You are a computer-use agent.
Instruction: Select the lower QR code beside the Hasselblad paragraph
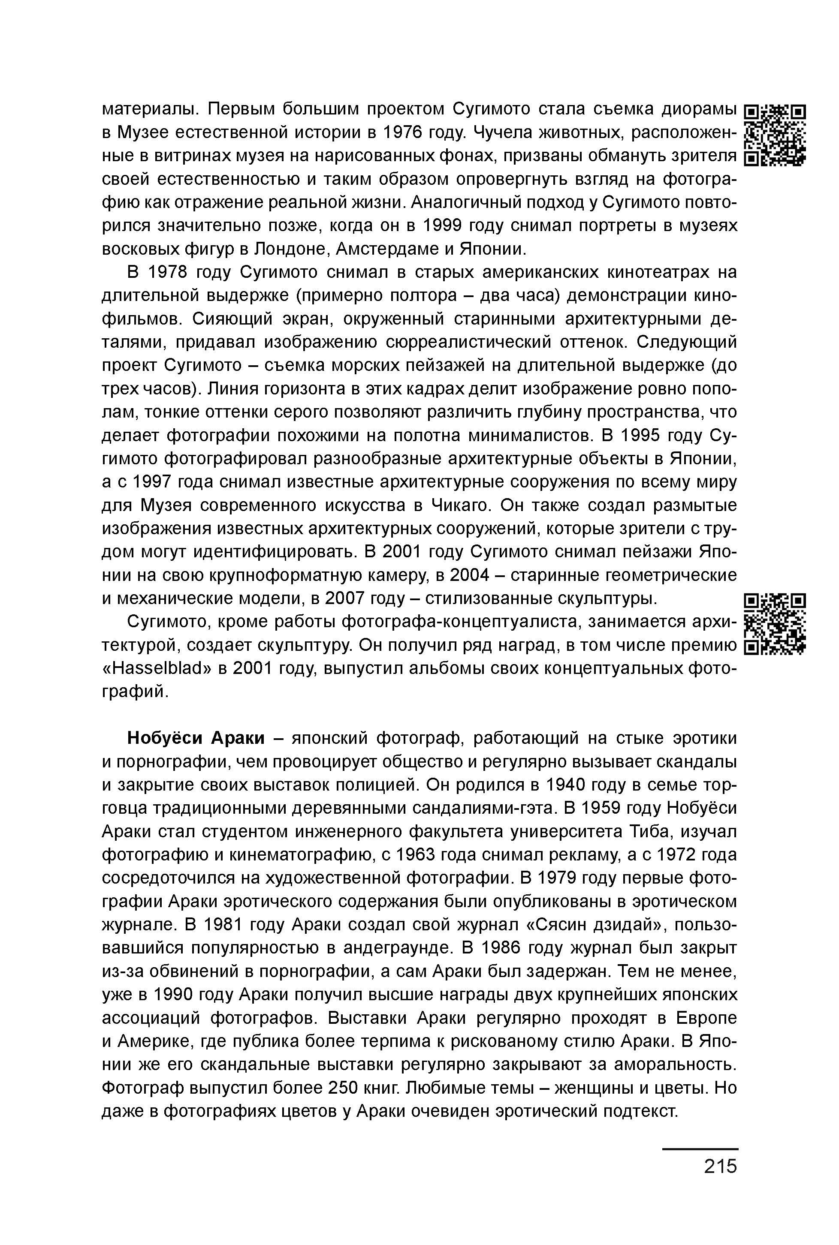(776, 624)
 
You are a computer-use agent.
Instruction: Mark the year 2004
(470, 575)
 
